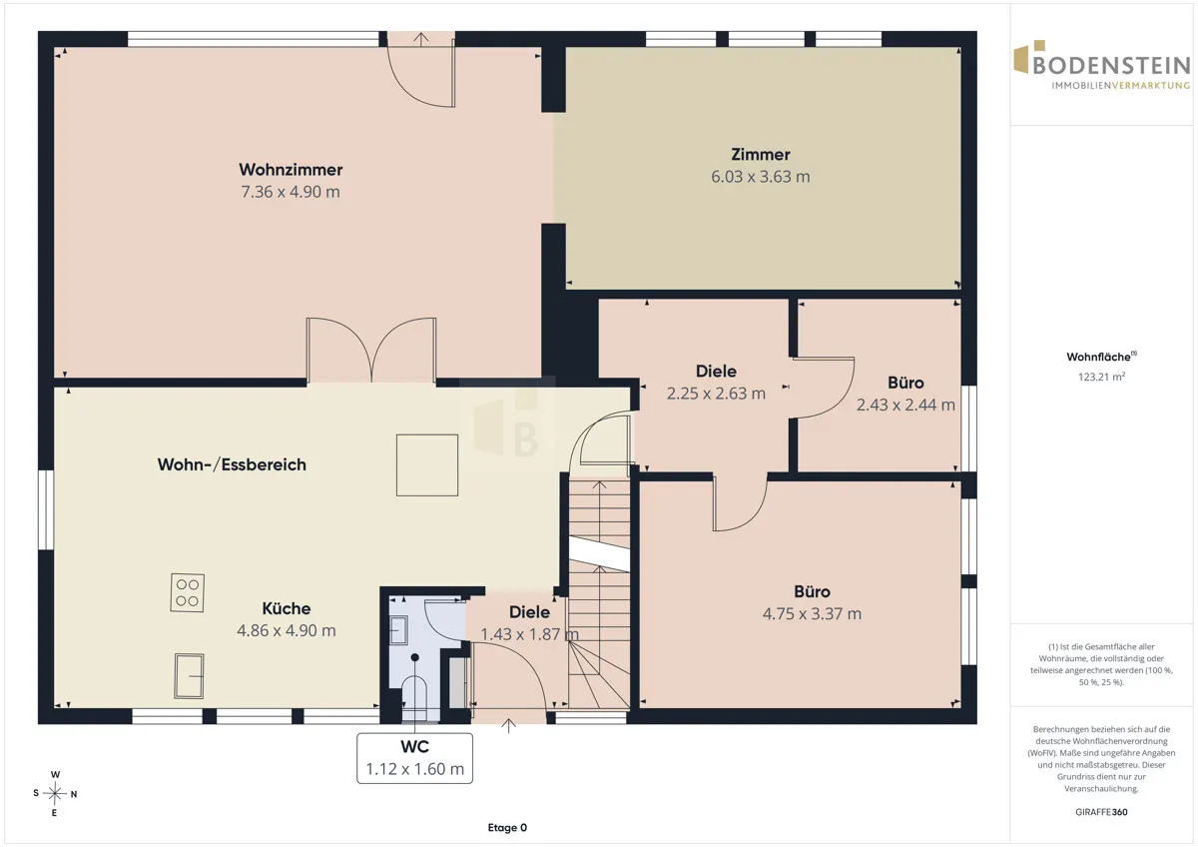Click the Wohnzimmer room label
point(291,170)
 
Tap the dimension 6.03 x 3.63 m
point(760,177)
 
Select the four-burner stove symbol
point(188,593)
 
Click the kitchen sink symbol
point(189,676)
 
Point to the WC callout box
point(414,758)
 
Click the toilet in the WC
point(413,695)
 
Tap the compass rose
point(55,793)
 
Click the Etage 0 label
point(507,828)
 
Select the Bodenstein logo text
point(1111,65)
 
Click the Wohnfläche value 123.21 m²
point(1101,377)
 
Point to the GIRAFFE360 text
point(1101,812)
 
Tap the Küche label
point(287,608)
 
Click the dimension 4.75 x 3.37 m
point(812,613)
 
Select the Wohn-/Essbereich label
point(232,464)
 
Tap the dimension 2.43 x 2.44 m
point(905,406)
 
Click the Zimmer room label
point(760,155)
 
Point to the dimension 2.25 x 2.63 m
point(716,394)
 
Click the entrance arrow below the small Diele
point(508,725)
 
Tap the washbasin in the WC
point(398,630)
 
